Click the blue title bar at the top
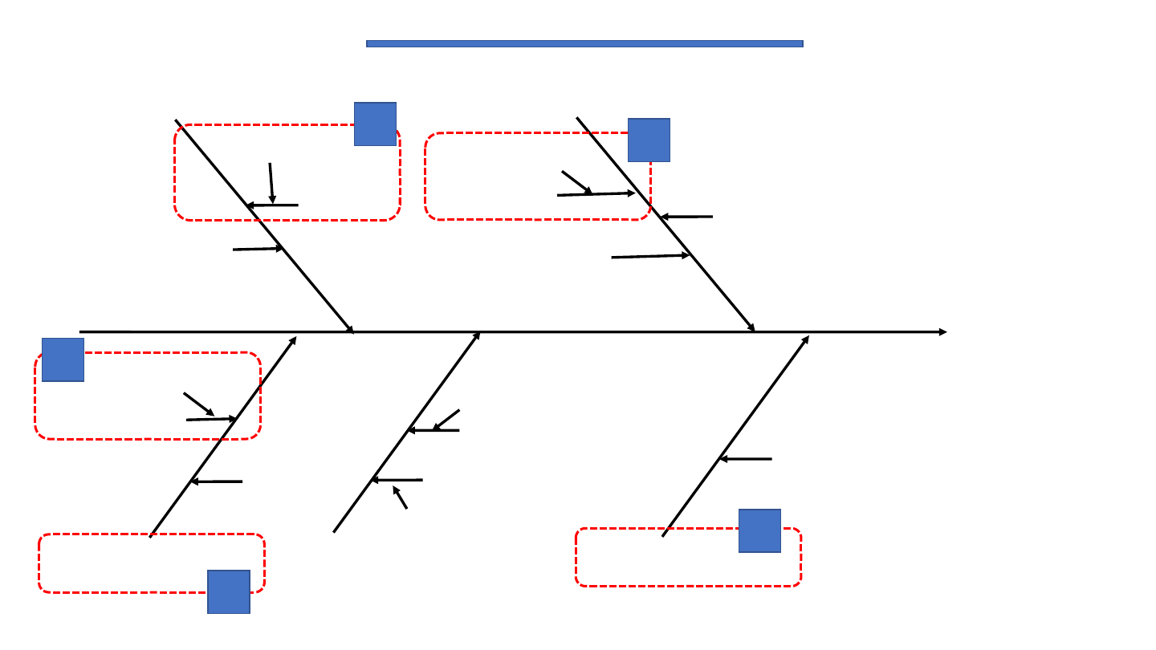[x=584, y=43]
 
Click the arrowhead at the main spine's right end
[x=942, y=331]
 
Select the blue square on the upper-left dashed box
[x=375, y=124]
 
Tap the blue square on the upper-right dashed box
[x=649, y=140]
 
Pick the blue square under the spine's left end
[x=63, y=360]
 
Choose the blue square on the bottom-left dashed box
[x=229, y=591]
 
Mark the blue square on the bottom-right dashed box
[x=759, y=530]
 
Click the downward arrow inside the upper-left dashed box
[x=271, y=183]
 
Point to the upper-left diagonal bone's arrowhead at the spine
[x=350, y=328]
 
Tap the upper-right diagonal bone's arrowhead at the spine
[x=751, y=327]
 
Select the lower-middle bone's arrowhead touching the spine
[x=477, y=335]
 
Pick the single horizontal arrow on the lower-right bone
[x=745, y=459]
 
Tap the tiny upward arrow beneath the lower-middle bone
[x=400, y=497]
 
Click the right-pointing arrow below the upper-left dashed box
[x=258, y=249]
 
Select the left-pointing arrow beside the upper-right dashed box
[x=686, y=217]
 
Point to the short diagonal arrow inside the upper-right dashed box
[x=576, y=182]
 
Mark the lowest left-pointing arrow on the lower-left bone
[x=216, y=481]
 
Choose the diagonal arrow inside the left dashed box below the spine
[x=198, y=404]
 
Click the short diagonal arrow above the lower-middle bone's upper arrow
[x=446, y=420]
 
